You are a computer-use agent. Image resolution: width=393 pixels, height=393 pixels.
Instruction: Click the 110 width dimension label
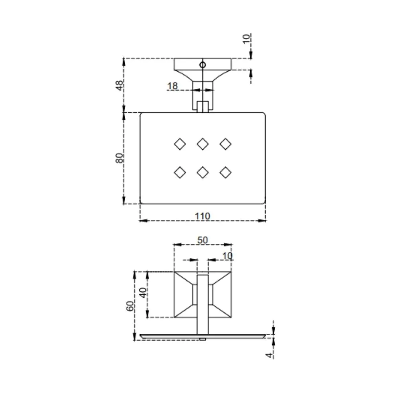(203, 216)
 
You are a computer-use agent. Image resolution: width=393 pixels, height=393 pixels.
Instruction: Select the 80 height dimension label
(119, 158)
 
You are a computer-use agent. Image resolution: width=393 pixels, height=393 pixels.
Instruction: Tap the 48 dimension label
(119, 86)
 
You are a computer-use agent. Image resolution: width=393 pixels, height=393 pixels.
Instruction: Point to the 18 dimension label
(172, 86)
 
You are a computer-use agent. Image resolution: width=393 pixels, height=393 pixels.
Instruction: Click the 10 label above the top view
(247, 39)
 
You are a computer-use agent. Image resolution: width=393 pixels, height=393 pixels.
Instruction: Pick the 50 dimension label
(203, 240)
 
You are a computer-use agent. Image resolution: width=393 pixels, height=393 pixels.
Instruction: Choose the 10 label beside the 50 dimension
(227, 256)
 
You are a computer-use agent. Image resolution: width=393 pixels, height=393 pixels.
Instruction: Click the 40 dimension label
(143, 293)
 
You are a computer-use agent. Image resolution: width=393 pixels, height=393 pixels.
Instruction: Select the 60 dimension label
(130, 306)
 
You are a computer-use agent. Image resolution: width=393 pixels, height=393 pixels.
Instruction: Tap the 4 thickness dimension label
(269, 355)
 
